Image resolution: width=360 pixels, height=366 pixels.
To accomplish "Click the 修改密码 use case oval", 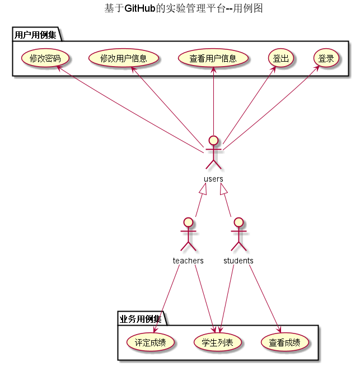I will point(45,58).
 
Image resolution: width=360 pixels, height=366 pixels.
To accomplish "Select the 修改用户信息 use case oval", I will point(124,58).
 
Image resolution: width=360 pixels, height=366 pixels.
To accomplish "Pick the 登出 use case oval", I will point(280,58).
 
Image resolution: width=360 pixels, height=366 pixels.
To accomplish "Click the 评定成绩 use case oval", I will point(151,342).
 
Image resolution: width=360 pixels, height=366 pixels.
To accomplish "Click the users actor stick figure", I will point(213,152).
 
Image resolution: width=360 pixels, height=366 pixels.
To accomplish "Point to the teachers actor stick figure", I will point(188,234).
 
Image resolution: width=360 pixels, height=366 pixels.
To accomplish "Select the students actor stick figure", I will point(239,234).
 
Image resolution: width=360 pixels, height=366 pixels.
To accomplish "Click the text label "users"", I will point(213,179).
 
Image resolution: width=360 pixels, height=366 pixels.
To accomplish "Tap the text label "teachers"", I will point(188,261).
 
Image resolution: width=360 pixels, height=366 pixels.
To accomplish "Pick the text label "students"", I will point(239,261).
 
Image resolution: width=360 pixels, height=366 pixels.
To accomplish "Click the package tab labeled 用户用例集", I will point(35,35).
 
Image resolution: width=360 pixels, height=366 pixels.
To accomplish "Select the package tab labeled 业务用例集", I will point(141,319).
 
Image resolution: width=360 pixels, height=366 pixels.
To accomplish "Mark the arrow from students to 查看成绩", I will point(263,297).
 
